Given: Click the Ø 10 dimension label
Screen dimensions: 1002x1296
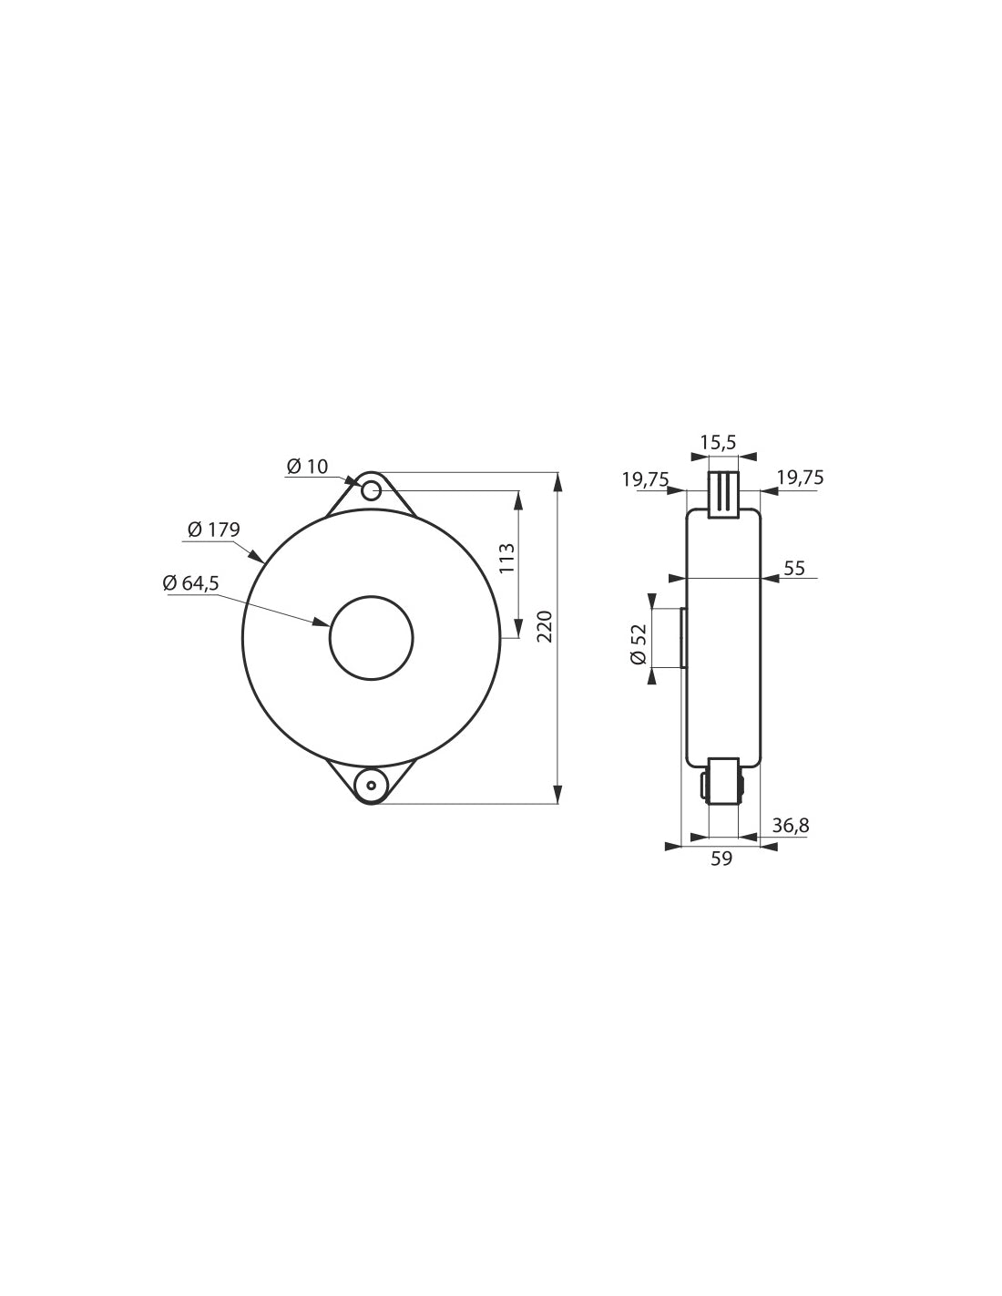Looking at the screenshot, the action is tap(307, 466).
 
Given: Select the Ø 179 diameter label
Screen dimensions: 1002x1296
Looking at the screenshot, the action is tap(213, 529).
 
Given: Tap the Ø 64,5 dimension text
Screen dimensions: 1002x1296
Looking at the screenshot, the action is tap(190, 582).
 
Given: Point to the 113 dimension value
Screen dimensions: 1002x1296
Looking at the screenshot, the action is tap(506, 558).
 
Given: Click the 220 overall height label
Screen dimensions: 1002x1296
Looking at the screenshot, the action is tap(546, 626).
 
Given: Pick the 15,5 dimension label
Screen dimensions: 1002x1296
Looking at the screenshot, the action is tap(719, 442).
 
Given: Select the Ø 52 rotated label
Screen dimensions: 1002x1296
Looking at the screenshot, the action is tap(638, 644).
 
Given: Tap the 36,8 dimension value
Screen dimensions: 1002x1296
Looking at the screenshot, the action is tap(791, 826).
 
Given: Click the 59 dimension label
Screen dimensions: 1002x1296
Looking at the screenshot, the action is tap(721, 859).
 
